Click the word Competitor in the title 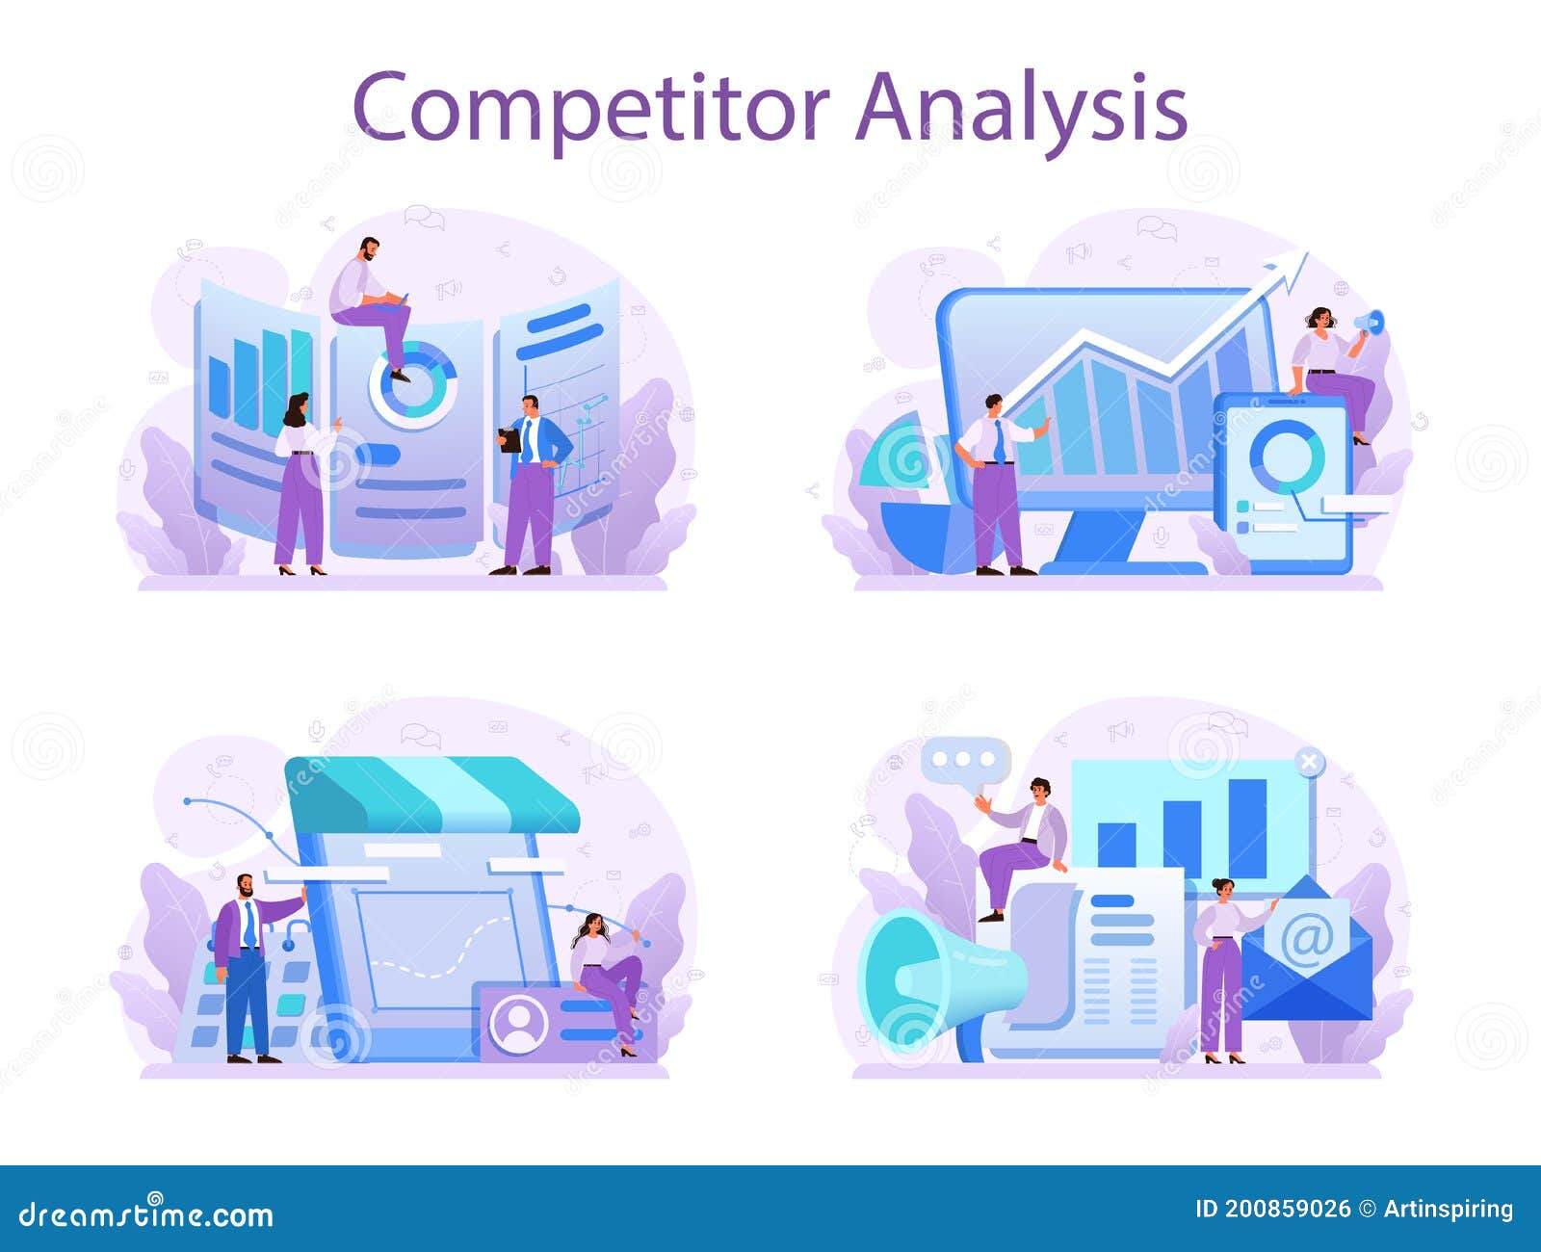(589, 107)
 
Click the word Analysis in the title (1021, 107)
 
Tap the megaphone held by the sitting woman (1370, 323)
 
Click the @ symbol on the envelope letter (1306, 936)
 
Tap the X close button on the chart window (1308, 762)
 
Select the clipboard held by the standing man (510, 440)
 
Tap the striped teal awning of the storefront (433, 795)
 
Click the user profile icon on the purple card (518, 1023)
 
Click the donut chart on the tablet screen (1286, 453)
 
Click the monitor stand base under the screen (1122, 566)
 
